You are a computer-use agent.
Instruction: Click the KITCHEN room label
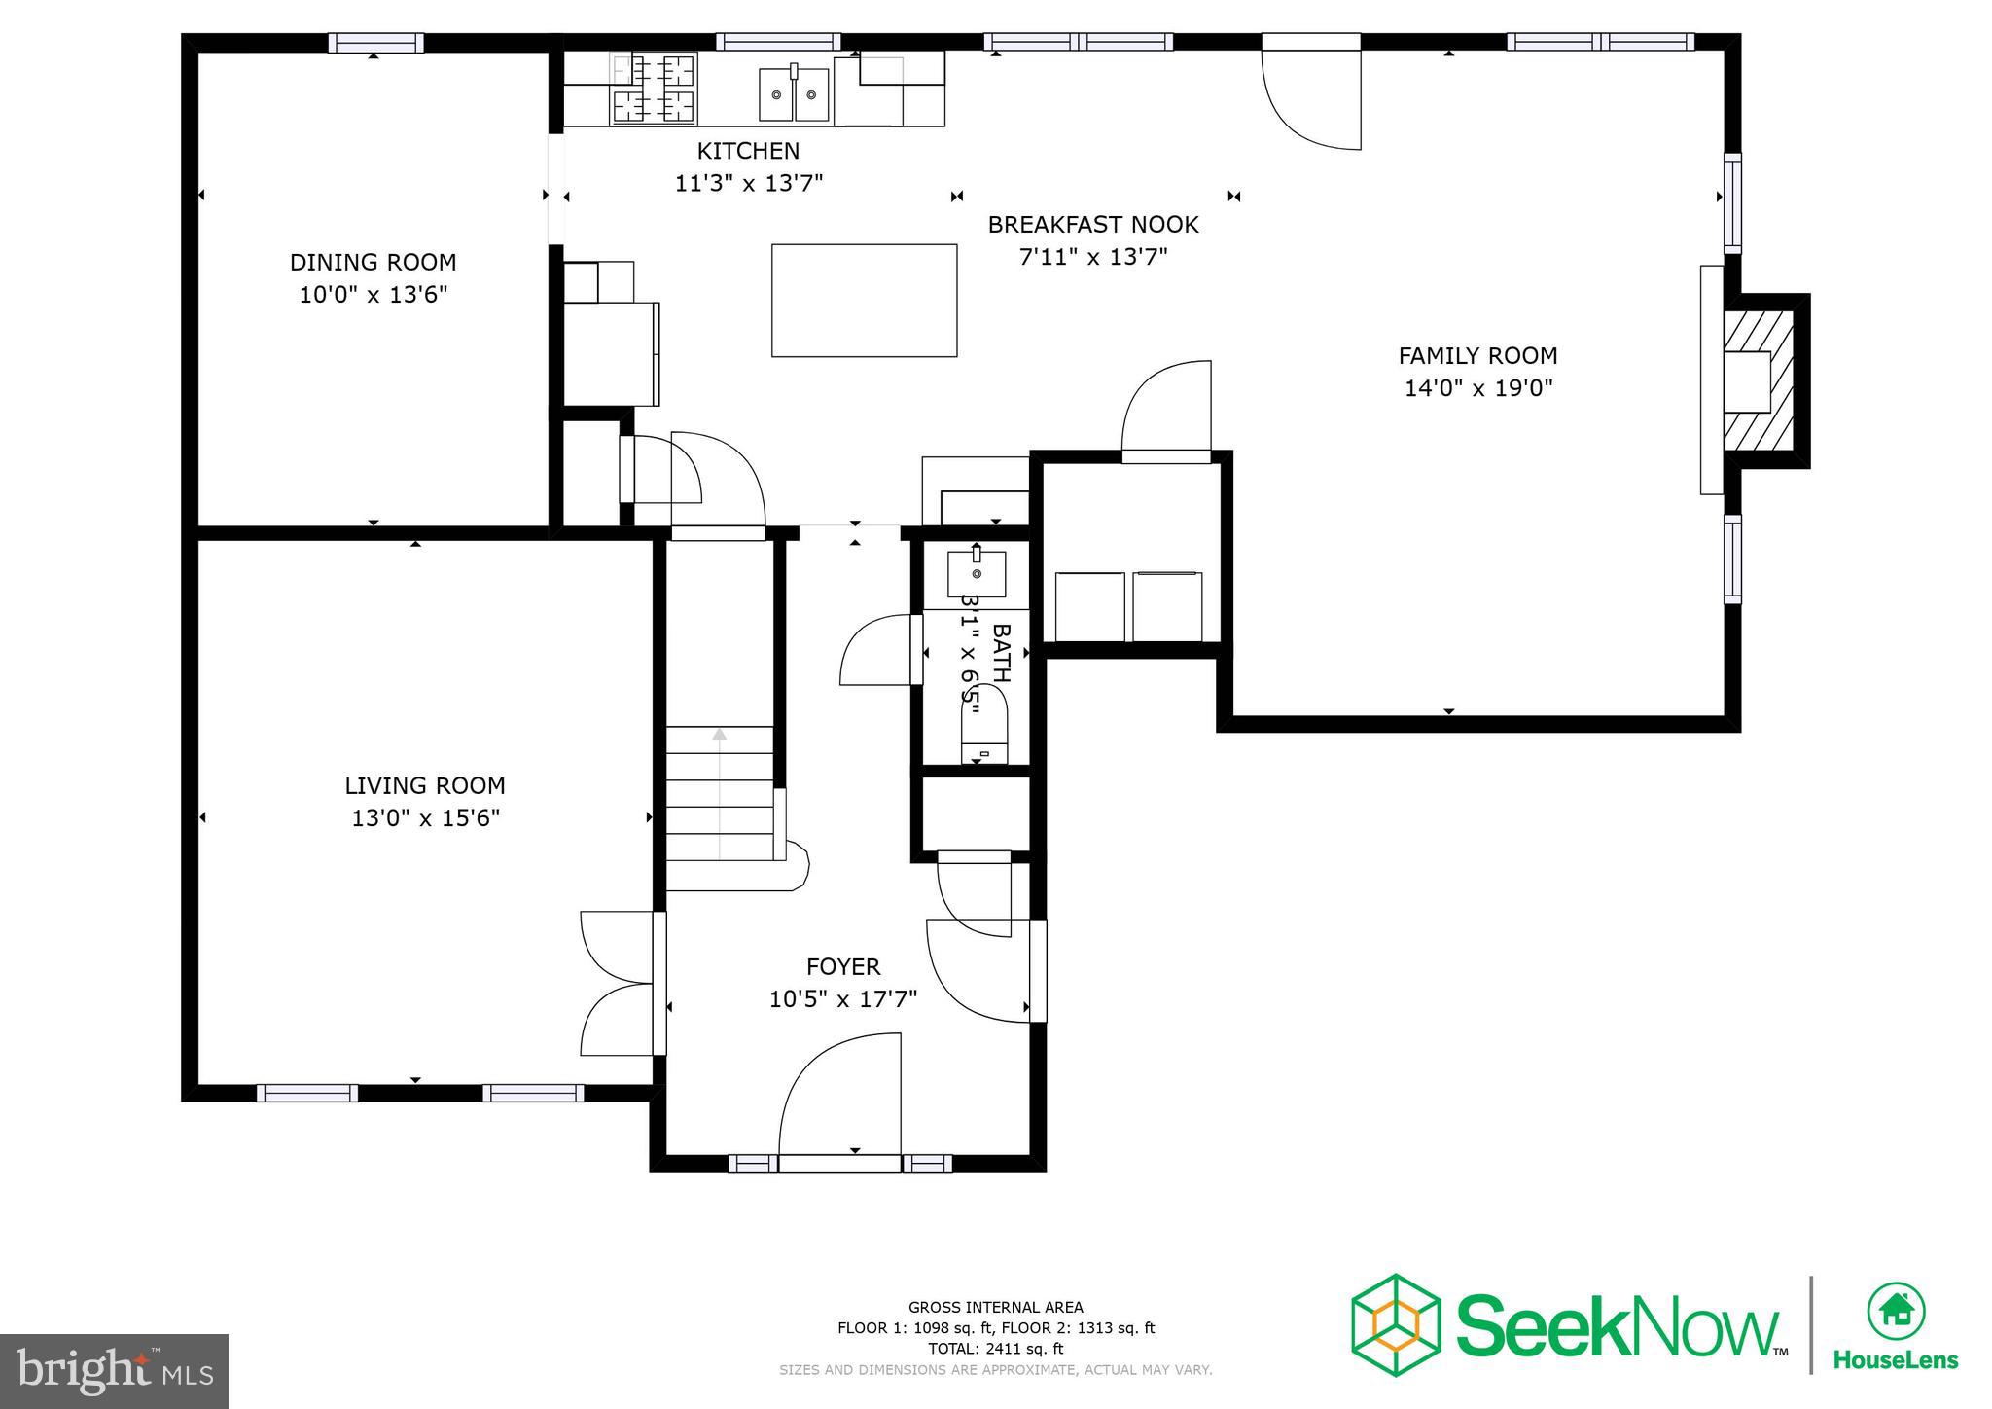click(x=748, y=151)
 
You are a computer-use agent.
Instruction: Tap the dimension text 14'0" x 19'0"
click(x=1477, y=388)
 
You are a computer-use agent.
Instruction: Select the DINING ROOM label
click(x=373, y=262)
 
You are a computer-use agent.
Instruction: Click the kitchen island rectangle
click(x=864, y=300)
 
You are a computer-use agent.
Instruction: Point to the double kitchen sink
click(x=794, y=94)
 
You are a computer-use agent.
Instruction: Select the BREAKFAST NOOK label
click(x=1092, y=225)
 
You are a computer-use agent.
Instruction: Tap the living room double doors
click(x=616, y=983)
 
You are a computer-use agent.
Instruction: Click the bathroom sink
click(x=977, y=573)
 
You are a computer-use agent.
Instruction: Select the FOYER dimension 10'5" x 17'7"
click(x=843, y=999)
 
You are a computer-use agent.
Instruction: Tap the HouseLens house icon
click(x=1896, y=1312)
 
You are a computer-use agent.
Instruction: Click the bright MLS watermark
click(x=114, y=1371)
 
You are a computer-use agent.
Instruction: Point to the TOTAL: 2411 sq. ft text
click(x=995, y=1349)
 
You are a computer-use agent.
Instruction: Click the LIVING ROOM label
click(x=425, y=785)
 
